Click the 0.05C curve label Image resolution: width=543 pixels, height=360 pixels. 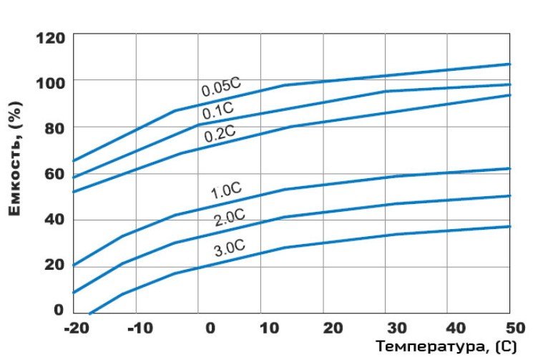click(221, 87)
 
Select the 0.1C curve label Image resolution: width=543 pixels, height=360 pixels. click(217, 110)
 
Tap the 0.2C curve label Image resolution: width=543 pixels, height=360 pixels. click(220, 133)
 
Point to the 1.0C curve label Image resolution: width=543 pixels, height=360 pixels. click(226, 191)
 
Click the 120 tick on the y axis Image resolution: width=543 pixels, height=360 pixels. click(50, 37)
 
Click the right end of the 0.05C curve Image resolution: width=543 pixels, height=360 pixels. click(510, 64)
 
